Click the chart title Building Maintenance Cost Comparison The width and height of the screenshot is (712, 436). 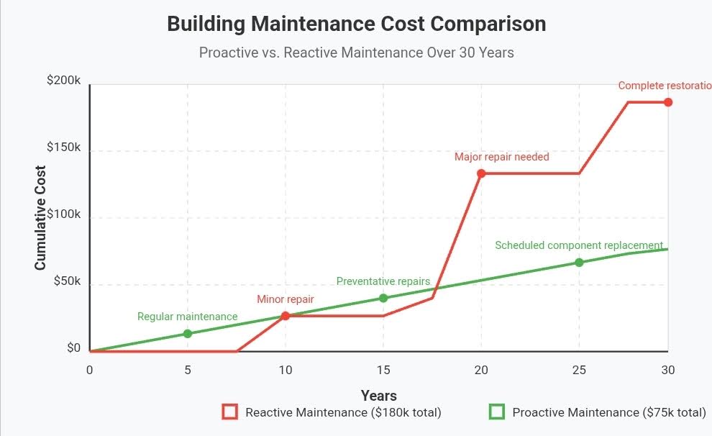point(356,24)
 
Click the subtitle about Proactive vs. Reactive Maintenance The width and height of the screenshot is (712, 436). point(356,53)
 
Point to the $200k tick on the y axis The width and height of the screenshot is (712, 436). point(64,80)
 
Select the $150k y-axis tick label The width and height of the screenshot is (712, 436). point(64,147)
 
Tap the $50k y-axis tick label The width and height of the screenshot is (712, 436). point(67,281)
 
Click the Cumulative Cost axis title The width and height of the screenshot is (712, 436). point(40,217)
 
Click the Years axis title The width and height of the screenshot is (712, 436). point(378,396)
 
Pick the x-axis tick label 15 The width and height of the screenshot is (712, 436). point(383,371)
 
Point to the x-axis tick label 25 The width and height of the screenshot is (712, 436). point(579,371)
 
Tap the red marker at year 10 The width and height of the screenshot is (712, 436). point(286,316)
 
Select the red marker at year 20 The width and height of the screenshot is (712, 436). point(481,173)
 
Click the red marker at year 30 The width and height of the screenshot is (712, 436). point(668,102)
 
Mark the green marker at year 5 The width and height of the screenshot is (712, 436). point(188,334)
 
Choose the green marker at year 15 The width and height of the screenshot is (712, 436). point(383,298)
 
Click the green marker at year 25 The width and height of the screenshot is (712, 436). point(579,263)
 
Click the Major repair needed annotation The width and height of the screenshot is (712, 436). point(501,157)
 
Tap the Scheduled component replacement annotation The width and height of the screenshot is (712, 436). point(579,245)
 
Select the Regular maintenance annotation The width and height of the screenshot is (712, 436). point(187,317)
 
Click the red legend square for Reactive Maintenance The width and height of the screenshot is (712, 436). point(230,412)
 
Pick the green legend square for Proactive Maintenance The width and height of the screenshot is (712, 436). point(497,412)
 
